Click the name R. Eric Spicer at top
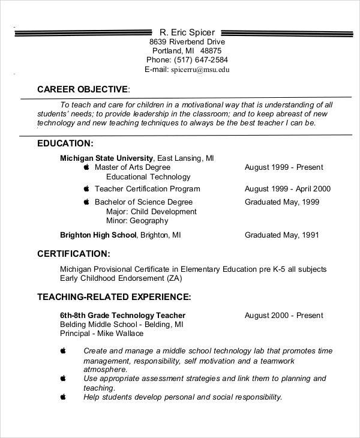[x=187, y=32]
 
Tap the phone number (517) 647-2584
[x=199, y=60]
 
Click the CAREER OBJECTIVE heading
[x=83, y=89]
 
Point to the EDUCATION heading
[x=65, y=143]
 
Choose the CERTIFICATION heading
[x=73, y=253]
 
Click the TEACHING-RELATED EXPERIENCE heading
[x=114, y=296]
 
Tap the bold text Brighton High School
[x=99, y=235]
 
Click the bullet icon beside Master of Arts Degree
[x=86, y=167]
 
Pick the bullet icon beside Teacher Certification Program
[x=86, y=188]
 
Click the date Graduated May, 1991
[x=281, y=235]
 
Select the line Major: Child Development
[x=151, y=212]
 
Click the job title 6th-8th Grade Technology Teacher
[x=122, y=315]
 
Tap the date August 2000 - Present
[x=284, y=315]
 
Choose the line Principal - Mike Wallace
[x=101, y=333]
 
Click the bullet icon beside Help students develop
[x=64, y=397]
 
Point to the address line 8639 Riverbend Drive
[x=187, y=42]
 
